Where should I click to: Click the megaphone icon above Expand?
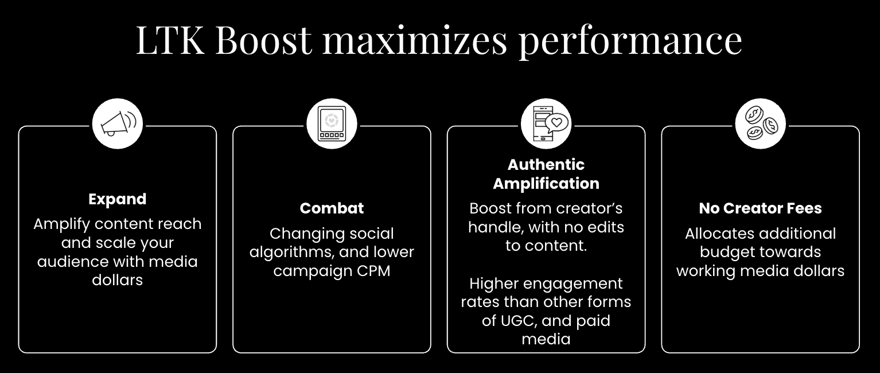pyautogui.click(x=118, y=123)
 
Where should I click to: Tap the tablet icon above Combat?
pyautogui.click(x=332, y=123)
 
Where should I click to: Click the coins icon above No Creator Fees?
pyautogui.click(x=761, y=123)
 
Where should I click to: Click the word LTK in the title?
pyautogui.click(x=170, y=40)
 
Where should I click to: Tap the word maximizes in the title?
pyautogui.click(x=415, y=40)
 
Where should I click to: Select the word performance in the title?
pyautogui.click(x=630, y=42)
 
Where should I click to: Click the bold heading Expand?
pyautogui.click(x=118, y=199)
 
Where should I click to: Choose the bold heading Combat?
pyautogui.click(x=332, y=208)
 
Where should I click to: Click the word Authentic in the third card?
pyautogui.click(x=546, y=165)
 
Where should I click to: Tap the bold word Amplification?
pyautogui.click(x=546, y=184)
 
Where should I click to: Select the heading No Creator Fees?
pyautogui.click(x=761, y=208)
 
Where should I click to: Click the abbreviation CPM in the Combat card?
pyautogui.click(x=373, y=271)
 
